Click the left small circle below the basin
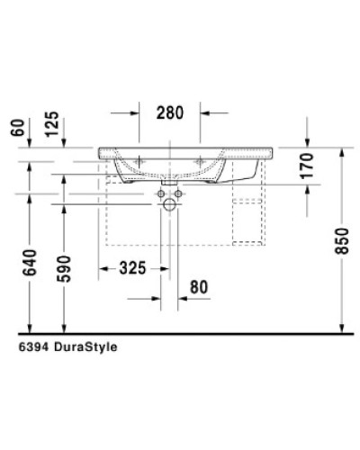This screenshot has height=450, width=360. [161, 193]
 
